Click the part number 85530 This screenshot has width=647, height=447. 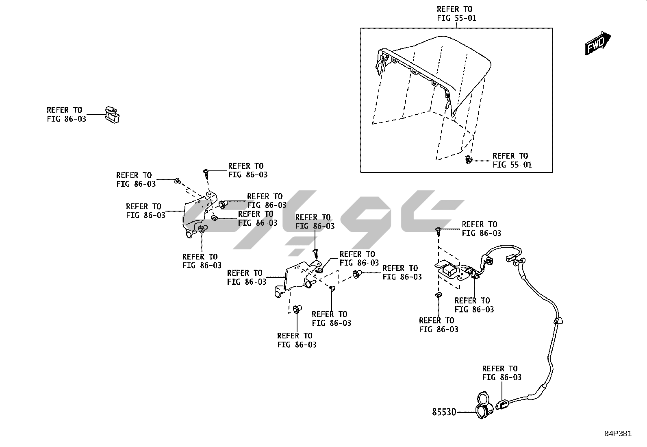pos(444,412)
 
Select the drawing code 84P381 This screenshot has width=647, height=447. pos(618,434)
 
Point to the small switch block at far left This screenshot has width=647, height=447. pos(112,114)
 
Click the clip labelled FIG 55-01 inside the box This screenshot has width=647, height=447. pos(469,159)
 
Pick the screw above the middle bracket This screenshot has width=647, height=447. pos(316,253)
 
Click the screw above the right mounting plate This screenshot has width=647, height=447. pos(438,232)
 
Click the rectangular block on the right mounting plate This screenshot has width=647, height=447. pos(449,270)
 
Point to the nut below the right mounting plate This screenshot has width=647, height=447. pos(438,294)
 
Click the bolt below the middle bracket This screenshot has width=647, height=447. pos(296,309)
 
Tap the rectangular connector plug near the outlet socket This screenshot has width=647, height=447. pos(502,404)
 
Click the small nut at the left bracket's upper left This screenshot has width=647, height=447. pos(177,181)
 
